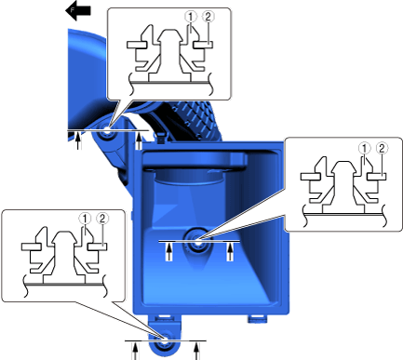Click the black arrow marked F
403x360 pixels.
click(x=77, y=11)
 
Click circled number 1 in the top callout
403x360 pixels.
click(x=192, y=17)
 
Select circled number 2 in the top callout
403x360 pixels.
click(x=208, y=17)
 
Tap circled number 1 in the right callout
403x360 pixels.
click(x=365, y=148)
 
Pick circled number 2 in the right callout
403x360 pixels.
click(x=382, y=148)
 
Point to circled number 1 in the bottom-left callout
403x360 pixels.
click(x=85, y=219)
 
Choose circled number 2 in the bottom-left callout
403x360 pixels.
click(x=102, y=219)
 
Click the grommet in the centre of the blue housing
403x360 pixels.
click(x=197, y=241)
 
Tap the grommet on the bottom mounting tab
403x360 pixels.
click(x=164, y=342)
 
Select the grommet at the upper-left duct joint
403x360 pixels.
click(x=106, y=132)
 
